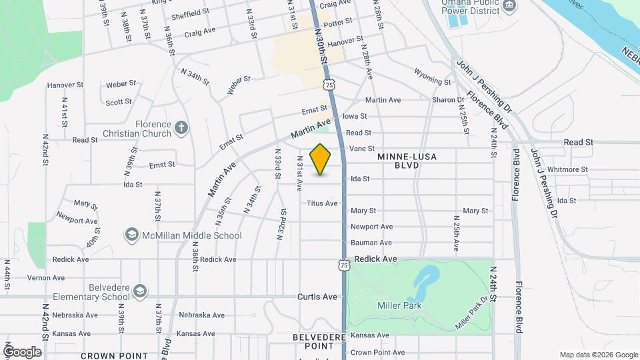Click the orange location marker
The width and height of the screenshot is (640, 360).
click(x=321, y=159)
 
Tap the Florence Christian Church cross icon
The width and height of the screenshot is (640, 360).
click(x=181, y=127)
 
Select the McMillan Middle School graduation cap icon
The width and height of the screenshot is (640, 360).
click(x=131, y=235)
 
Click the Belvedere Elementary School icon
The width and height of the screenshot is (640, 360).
click(x=140, y=291)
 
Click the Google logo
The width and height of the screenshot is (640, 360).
click(x=22, y=351)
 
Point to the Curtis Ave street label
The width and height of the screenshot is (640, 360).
click(x=317, y=297)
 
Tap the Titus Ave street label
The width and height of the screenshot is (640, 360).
click(x=322, y=203)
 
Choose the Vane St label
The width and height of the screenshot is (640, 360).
click(x=362, y=149)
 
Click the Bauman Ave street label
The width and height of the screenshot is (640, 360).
click(x=371, y=243)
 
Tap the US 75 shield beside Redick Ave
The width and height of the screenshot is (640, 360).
click(x=343, y=265)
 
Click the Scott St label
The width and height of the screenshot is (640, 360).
click(x=119, y=102)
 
